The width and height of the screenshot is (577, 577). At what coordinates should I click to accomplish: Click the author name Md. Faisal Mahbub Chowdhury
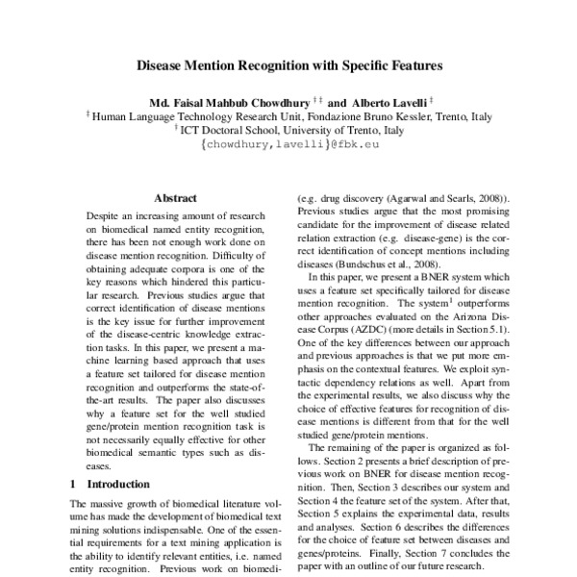point(228,100)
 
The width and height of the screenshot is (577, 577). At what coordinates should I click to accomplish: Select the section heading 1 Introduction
point(111,484)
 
